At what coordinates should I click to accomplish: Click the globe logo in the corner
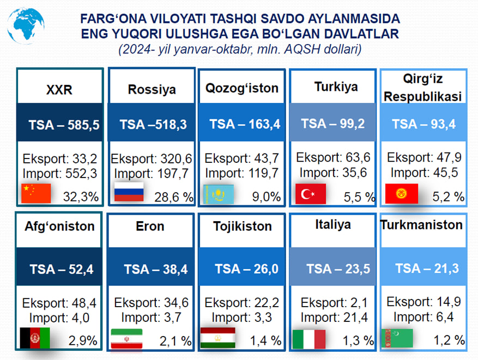(x=26, y=26)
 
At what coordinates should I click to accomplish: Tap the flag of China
(x=36, y=193)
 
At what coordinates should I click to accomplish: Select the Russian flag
(x=129, y=192)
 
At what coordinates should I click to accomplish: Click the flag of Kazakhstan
(x=219, y=194)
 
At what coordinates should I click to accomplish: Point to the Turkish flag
(x=311, y=194)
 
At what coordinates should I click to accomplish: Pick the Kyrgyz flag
(x=402, y=193)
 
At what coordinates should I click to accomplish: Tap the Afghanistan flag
(x=35, y=338)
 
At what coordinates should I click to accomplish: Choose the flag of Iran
(x=126, y=339)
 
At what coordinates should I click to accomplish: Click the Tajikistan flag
(x=218, y=338)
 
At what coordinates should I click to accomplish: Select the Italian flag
(x=309, y=339)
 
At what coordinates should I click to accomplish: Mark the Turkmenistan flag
(x=397, y=338)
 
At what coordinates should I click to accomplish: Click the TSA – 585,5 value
(x=64, y=125)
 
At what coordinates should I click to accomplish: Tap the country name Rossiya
(x=152, y=89)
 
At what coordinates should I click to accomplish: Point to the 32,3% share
(x=81, y=197)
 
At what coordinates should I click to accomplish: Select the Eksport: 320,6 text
(x=151, y=158)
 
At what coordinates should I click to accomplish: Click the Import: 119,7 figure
(x=242, y=173)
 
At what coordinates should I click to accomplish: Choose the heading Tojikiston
(x=243, y=227)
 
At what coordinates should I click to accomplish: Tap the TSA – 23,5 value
(x=338, y=269)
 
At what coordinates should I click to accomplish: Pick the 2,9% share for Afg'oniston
(x=83, y=340)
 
